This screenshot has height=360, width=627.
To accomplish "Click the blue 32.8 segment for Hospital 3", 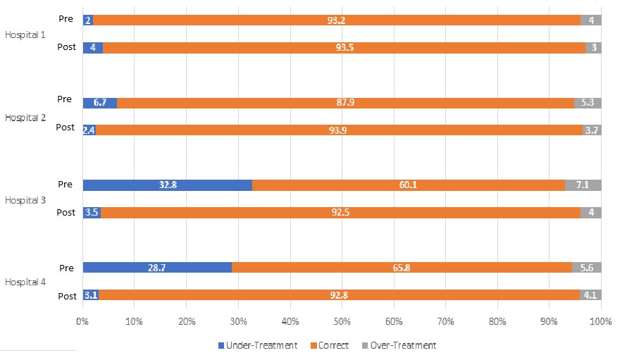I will point(167,185).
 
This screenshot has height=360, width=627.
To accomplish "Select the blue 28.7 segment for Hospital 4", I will point(157,268).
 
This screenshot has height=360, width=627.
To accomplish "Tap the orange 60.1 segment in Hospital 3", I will point(409,185).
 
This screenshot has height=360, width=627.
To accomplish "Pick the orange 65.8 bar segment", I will point(402,268).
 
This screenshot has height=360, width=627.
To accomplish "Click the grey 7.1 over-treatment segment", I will point(583,185).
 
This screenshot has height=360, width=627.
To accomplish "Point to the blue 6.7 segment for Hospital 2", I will point(99,103).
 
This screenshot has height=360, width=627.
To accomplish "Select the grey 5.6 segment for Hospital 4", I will point(587,268).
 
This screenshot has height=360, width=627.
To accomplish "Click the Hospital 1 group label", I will point(25,34).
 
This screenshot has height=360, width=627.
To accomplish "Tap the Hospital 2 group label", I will point(25,118).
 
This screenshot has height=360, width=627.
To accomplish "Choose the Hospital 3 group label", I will point(25,200).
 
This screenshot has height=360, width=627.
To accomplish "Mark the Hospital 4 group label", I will point(25,282).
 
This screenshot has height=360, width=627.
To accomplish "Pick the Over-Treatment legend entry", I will point(399,345).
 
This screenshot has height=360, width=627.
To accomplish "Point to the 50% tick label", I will point(342,321).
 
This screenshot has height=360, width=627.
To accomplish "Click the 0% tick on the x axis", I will point(82,321).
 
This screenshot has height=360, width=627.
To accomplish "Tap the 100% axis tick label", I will point(600,321).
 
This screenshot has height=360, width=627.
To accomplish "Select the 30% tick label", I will point(238,321).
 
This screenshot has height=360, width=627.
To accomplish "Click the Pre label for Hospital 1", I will point(66,19).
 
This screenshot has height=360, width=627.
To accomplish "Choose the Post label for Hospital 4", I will point(66,295).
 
